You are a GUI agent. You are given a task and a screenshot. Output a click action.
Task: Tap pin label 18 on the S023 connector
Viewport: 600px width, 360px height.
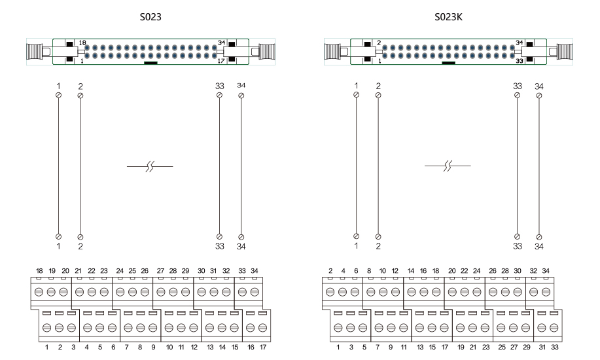tap(82, 43)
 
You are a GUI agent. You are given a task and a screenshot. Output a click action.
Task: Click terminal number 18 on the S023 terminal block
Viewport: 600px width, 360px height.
tap(39, 271)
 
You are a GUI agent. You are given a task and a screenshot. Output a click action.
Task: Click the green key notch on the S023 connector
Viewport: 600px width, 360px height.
tap(150, 63)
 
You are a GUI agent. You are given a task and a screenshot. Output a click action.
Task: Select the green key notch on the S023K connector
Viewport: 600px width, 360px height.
tap(448, 63)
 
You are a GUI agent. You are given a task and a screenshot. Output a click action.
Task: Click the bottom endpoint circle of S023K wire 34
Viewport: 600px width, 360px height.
tap(539, 236)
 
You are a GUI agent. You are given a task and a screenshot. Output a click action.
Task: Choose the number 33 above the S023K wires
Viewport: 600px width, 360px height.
tap(517, 86)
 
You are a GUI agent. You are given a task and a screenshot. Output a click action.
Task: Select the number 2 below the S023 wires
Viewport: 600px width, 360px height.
tap(80, 246)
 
